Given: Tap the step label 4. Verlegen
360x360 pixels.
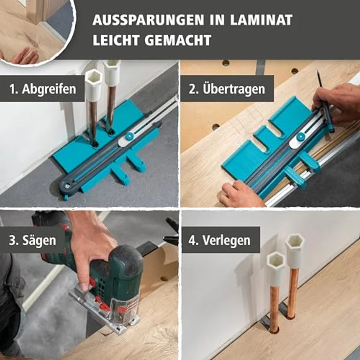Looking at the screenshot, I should [221, 240].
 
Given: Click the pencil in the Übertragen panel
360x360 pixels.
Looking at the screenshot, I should [324, 100].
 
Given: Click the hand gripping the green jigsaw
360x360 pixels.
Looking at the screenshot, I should [90, 245].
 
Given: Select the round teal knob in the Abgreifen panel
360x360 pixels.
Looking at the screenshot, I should [130, 136].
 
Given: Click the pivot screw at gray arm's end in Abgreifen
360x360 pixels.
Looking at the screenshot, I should [66, 185].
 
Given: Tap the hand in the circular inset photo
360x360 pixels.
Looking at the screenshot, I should [24, 55].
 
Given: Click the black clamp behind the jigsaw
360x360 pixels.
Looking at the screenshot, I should [171, 232].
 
